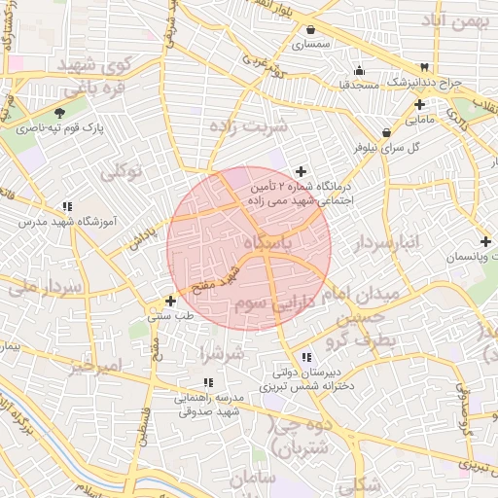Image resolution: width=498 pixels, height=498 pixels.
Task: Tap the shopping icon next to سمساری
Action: (310, 30)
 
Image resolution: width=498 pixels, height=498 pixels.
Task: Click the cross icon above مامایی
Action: (419, 105)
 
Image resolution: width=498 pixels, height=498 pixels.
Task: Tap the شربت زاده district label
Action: (250, 127)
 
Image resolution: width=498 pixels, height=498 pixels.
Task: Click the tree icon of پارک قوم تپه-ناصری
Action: (61, 113)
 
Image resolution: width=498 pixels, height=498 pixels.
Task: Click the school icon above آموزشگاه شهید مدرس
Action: (67, 206)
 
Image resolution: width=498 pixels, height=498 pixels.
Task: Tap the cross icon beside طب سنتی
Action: (170, 301)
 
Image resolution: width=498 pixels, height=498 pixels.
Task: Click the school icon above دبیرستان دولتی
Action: (306, 357)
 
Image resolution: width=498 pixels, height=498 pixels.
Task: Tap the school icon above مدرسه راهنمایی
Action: (207, 383)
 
